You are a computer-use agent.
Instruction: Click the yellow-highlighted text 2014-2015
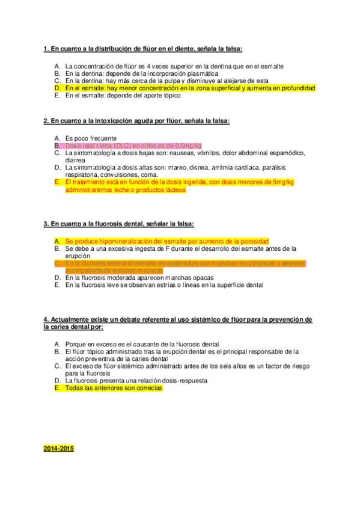(58, 449)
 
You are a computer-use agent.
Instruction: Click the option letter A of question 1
(56, 66)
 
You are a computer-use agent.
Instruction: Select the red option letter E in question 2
(56, 182)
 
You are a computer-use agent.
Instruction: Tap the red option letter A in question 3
(56, 241)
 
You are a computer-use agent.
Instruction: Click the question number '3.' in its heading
(46, 224)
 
